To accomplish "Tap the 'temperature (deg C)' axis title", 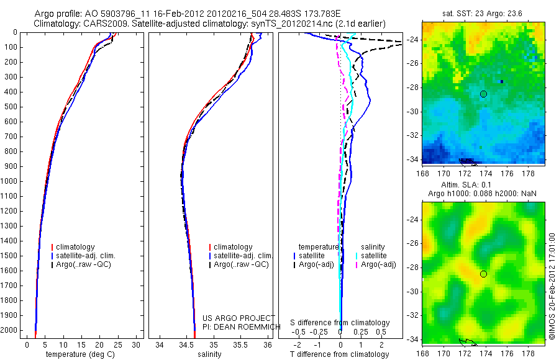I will point(78,354).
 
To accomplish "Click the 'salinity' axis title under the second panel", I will point(209,354).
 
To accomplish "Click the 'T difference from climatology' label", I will point(340,354).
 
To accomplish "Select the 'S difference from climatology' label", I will point(340,323).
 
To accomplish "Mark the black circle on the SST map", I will point(483,94).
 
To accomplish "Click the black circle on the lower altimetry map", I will point(483,274).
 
